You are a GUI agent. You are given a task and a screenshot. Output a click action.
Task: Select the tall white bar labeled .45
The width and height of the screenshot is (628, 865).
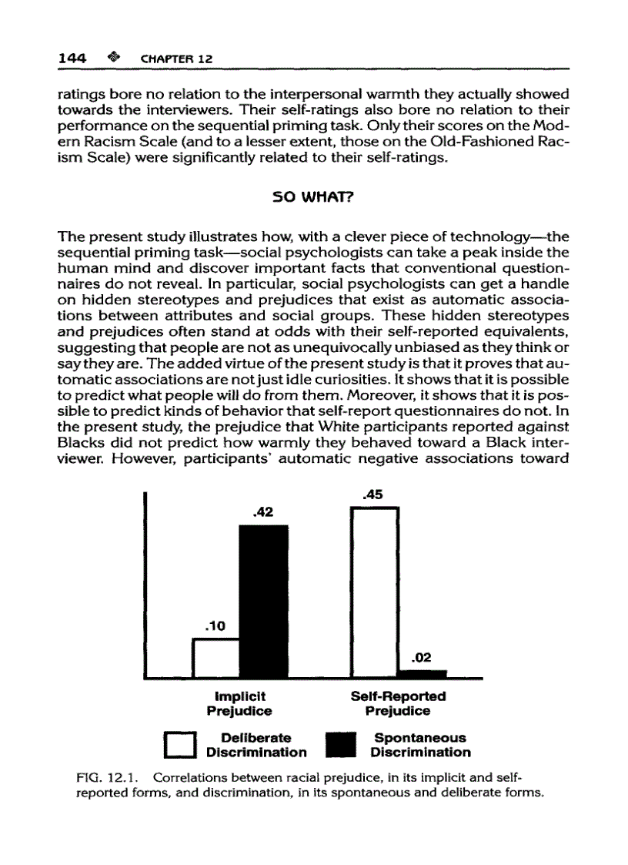point(373,593)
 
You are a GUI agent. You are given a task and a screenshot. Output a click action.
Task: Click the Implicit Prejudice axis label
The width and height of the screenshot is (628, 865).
point(239,703)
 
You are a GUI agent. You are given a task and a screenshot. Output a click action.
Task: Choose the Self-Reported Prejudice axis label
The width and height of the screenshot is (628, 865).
point(398,703)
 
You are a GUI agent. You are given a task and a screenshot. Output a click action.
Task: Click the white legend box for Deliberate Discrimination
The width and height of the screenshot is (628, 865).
point(181,745)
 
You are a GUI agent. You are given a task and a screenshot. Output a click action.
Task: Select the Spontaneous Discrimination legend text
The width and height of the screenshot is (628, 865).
point(419,745)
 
